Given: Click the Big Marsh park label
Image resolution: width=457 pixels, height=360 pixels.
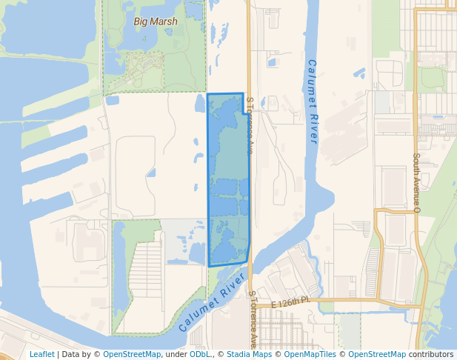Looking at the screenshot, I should pyautogui.click(x=156, y=21).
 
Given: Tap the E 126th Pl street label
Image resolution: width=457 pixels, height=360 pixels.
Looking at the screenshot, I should pyautogui.click(x=289, y=304).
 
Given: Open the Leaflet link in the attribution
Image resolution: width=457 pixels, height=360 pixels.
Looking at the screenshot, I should pyautogui.click(x=41, y=354).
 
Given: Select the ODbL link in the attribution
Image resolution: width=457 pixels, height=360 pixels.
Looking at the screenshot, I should pyautogui.click(x=200, y=354).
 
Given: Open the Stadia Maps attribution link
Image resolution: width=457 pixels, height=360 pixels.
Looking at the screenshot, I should pyautogui.click(x=249, y=354).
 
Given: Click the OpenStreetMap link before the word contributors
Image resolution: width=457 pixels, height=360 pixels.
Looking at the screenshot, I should pyautogui.click(x=377, y=354).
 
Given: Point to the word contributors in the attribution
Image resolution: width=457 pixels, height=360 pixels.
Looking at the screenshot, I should pyautogui.click(x=431, y=354).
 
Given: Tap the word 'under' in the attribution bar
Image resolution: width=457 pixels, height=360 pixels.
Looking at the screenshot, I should pyautogui.click(x=176, y=354).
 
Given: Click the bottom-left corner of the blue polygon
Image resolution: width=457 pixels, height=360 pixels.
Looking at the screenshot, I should pyautogui.click(x=210, y=265).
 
